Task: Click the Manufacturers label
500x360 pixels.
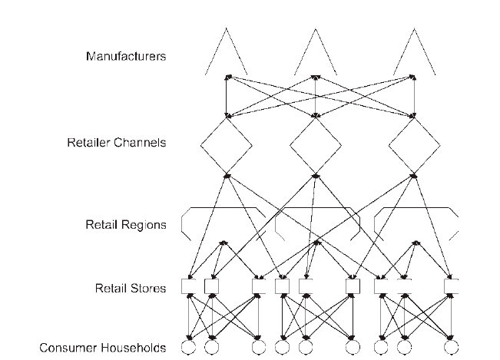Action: [x=126, y=56]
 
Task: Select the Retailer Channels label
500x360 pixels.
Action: [x=117, y=143]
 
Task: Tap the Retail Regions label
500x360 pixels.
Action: [x=126, y=225]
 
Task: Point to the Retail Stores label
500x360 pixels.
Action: [x=131, y=289]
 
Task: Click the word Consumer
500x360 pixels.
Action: [x=62, y=348]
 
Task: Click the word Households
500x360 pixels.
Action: [x=127, y=348]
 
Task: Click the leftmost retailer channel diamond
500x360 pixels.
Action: [x=214, y=132]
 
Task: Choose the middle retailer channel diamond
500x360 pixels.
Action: [x=303, y=132]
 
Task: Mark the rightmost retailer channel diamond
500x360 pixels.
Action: [x=402, y=132]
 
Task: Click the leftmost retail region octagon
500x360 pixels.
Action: [x=224, y=208]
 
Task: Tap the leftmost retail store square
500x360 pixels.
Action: [x=188, y=279]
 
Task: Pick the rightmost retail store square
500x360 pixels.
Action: [x=451, y=279]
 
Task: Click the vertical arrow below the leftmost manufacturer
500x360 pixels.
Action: [x=227, y=97]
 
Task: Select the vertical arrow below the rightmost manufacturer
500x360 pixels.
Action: [x=414, y=97]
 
